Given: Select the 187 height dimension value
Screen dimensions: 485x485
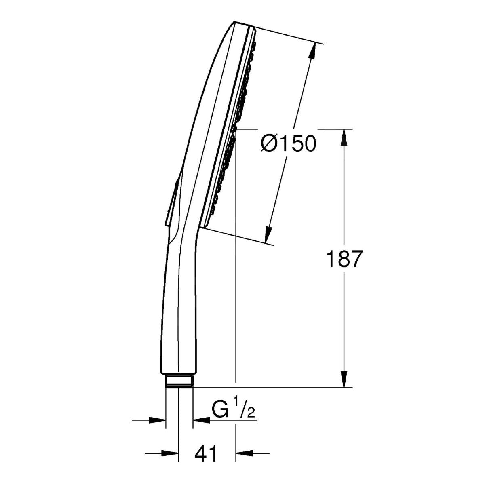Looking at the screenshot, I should point(343,259).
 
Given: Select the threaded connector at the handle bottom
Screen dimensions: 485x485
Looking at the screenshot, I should point(179,381).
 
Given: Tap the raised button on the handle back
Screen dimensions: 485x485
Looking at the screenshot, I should point(171,204).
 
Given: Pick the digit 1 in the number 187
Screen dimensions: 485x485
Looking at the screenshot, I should point(329,259).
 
